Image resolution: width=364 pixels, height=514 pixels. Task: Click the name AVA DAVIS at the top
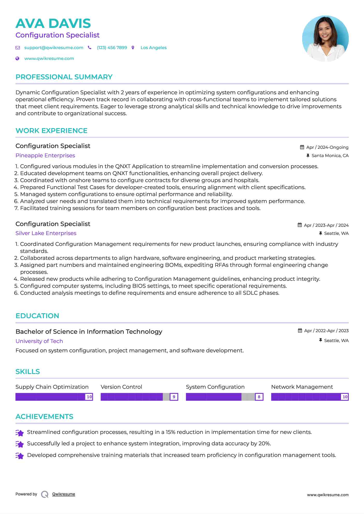pyautogui.click(x=53, y=24)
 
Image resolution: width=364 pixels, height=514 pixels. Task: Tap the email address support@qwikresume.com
pyautogui.click(x=54, y=48)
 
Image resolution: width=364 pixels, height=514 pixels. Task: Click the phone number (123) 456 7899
pyautogui.click(x=112, y=48)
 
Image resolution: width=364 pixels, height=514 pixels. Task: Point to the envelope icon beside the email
pyautogui.click(x=18, y=48)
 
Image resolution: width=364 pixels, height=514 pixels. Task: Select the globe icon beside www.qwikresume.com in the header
pyautogui.click(x=17, y=59)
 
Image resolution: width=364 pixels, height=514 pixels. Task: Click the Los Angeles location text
pyautogui.click(x=153, y=48)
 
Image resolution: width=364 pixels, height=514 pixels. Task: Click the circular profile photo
pyautogui.click(x=325, y=38)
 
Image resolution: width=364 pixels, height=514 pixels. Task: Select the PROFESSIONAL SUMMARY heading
pyautogui.click(x=64, y=77)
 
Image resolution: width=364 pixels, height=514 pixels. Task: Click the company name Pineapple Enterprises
pyautogui.click(x=45, y=155)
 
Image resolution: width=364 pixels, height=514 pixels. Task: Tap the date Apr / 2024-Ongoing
pyautogui.click(x=327, y=147)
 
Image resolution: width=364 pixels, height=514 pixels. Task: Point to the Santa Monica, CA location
pyautogui.click(x=330, y=155)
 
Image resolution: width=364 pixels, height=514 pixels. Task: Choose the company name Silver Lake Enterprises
pyautogui.click(x=46, y=233)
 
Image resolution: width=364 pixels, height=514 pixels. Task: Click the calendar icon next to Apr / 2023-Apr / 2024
pyautogui.click(x=300, y=225)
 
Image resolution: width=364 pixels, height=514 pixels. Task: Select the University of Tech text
pyautogui.click(x=39, y=341)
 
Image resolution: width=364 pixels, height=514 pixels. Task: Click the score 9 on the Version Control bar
pyautogui.click(x=174, y=397)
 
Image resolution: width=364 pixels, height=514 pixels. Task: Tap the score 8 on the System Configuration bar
pyautogui.click(x=259, y=397)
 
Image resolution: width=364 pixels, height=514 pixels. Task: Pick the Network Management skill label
pyautogui.click(x=302, y=387)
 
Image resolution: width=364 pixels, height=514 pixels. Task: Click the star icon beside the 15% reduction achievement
pyautogui.click(x=20, y=433)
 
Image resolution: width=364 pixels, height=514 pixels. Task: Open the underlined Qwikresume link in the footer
pyautogui.click(x=64, y=494)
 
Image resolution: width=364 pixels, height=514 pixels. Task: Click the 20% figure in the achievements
pyautogui.click(x=264, y=443)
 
